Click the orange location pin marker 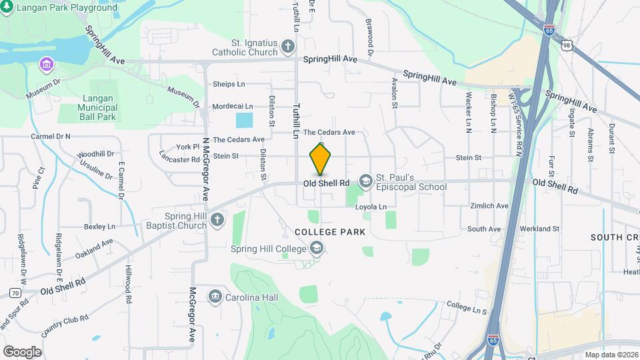320,159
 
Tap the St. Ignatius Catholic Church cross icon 287,46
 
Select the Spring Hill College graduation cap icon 316,249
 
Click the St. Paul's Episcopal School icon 365,181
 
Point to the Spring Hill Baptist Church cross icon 216,220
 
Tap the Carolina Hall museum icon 215,295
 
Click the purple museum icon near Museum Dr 46,65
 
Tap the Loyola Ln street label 371,207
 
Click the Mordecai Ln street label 233,106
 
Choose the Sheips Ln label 229,84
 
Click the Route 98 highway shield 566,45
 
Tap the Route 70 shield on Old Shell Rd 13,292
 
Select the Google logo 22,351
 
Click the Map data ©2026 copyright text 611,355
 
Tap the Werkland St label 541,229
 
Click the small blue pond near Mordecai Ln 245,121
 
